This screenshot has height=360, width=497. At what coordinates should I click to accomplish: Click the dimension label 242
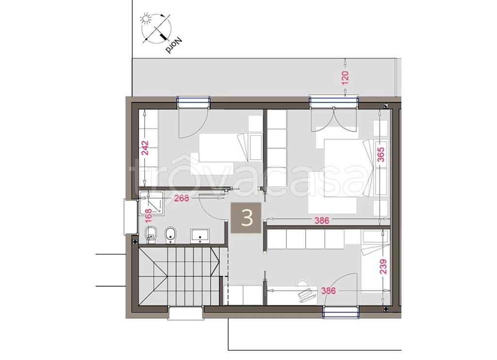point(145,147)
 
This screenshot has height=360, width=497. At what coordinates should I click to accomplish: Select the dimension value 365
point(381,154)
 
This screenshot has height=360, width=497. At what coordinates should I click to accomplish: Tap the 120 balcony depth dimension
point(345,77)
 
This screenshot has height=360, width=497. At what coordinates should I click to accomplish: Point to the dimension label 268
point(182,198)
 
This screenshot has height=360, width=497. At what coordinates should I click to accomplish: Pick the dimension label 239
point(383,267)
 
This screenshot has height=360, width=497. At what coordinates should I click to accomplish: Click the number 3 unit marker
point(247,218)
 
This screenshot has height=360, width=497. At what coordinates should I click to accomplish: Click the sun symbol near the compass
point(146,19)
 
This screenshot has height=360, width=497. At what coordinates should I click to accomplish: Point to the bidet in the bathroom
point(170,235)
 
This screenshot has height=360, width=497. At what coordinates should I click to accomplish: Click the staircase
point(179,277)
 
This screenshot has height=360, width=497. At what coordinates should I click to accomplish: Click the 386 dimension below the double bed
point(322,221)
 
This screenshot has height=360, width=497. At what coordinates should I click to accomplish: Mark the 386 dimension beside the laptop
point(328,291)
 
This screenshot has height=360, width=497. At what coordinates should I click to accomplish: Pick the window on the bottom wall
point(341,311)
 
